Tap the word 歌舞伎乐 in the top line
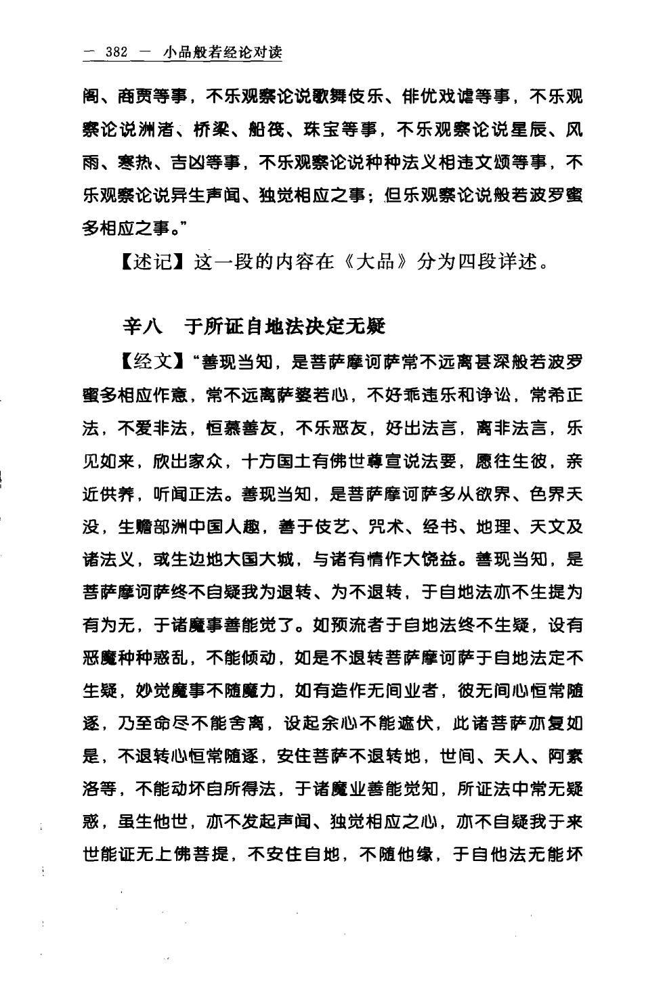[x=357, y=97]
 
